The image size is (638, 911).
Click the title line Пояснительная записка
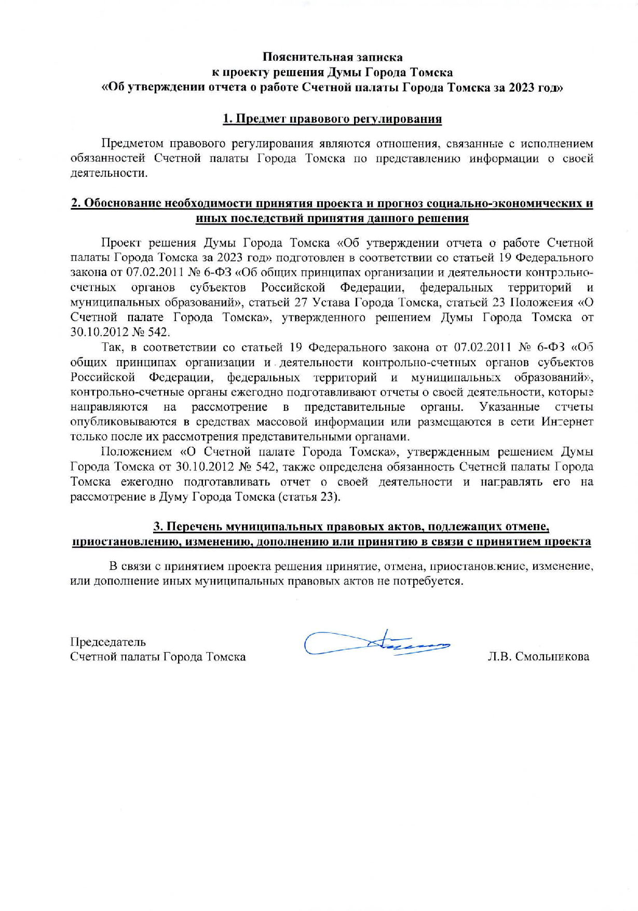click(332, 57)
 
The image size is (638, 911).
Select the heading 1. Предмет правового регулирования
click(332, 119)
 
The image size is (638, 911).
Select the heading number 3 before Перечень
click(157, 527)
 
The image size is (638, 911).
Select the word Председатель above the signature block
click(108, 642)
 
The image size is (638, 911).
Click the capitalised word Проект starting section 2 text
click(121, 243)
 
